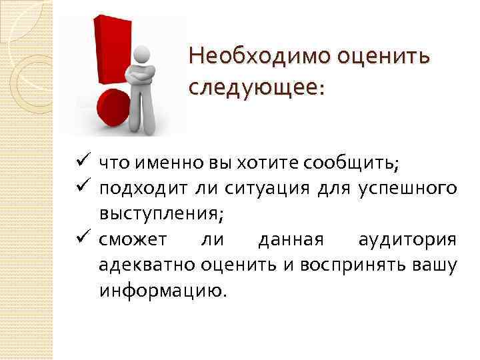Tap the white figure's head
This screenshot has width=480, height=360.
[x=141, y=54]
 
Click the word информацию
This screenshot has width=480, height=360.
[x=163, y=290]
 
